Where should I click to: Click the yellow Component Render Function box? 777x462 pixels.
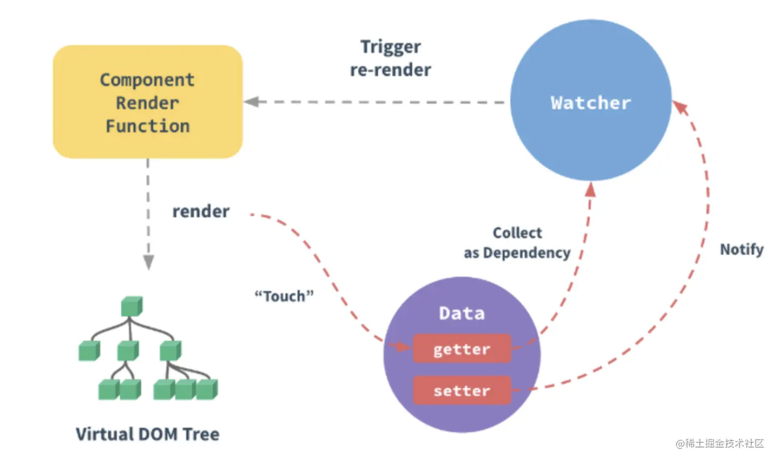148,101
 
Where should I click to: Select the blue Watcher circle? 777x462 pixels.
591,100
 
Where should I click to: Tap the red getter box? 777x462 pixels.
462,348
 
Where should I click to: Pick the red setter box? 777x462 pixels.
462,390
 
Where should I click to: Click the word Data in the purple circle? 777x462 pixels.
462,313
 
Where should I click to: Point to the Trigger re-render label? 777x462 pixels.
391,58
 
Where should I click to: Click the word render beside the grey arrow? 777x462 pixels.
201,211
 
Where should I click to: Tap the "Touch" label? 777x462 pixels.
284,296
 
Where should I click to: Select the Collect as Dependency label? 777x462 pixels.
517,243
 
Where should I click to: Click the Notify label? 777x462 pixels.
742,249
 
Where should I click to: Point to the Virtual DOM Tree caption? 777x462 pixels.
148,434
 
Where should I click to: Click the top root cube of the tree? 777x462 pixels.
132,306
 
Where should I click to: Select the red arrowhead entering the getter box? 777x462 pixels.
402,346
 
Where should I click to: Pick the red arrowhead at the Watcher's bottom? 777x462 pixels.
590,189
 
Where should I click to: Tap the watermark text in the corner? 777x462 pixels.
720,443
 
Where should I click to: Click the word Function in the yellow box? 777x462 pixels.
148,126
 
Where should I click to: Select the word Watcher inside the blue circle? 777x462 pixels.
591,103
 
